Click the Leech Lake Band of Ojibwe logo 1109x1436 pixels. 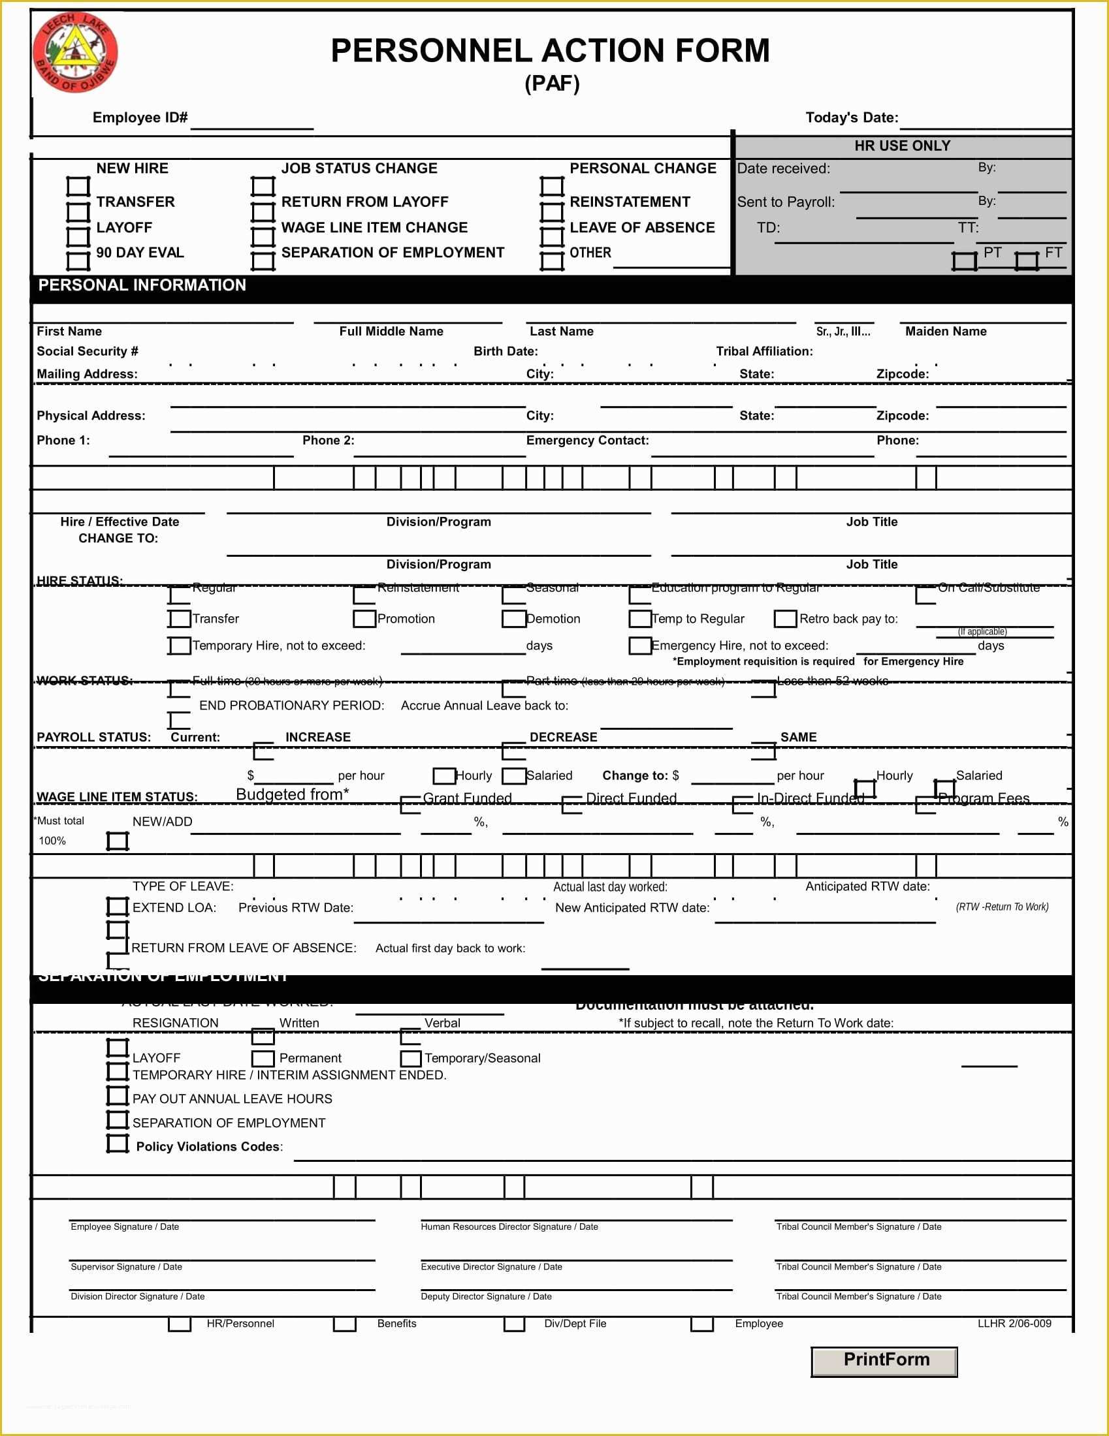coord(75,53)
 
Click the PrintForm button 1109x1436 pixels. coord(884,1361)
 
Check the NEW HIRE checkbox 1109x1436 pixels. coord(78,186)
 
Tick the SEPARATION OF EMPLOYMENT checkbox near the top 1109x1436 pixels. coord(263,260)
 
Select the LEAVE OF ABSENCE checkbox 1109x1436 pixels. coord(552,236)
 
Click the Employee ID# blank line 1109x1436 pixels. coord(252,121)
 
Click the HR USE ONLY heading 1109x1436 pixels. coord(902,146)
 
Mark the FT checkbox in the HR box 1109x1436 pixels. coord(1026,260)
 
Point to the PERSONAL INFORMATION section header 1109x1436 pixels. coord(142,285)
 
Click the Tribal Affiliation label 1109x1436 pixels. coord(764,351)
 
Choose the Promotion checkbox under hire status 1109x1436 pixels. coord(364,619)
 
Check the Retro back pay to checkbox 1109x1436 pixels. coord(785,619)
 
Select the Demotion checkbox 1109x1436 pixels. coord(513,619)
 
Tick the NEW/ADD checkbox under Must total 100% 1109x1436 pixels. coord(118,840)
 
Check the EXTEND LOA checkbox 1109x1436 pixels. coord(118,907)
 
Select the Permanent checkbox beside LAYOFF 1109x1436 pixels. coord(263,1058)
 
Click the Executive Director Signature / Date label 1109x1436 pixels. coord(491,1266)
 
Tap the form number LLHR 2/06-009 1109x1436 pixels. coord(1014,1323)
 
